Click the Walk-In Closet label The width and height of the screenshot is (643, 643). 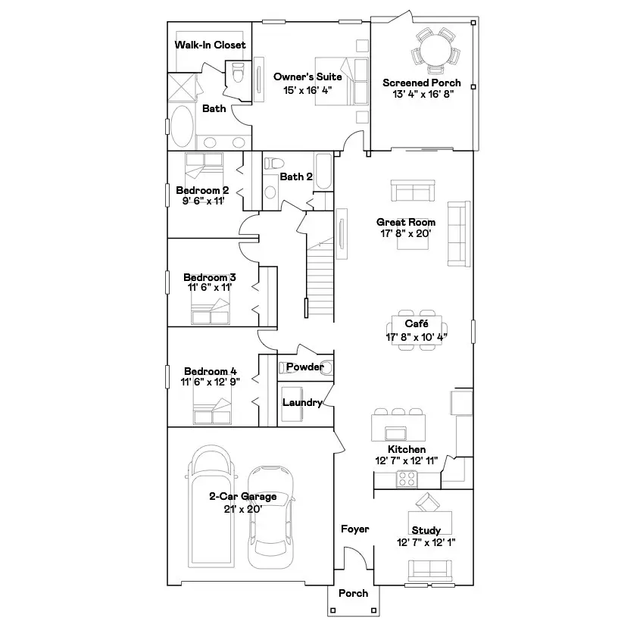click(210, 45)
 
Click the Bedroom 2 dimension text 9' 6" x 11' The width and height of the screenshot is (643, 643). click(203, 201)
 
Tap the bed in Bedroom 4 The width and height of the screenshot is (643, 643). click(213, 413)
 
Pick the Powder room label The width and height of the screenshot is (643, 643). click(304, 367)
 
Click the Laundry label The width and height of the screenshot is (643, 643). click(302, 402)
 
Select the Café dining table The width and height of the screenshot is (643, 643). click(416, 330)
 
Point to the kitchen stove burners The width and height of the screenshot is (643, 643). click(407, 479)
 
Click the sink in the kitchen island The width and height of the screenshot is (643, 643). click(396, 432)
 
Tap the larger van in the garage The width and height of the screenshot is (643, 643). click(210, 507)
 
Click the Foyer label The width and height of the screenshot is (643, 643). click(354, 529)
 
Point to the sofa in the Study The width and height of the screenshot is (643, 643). click(429, 569)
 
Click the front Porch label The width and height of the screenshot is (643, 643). click(353, 593)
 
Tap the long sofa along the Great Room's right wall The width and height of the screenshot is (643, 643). click(458, 233)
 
